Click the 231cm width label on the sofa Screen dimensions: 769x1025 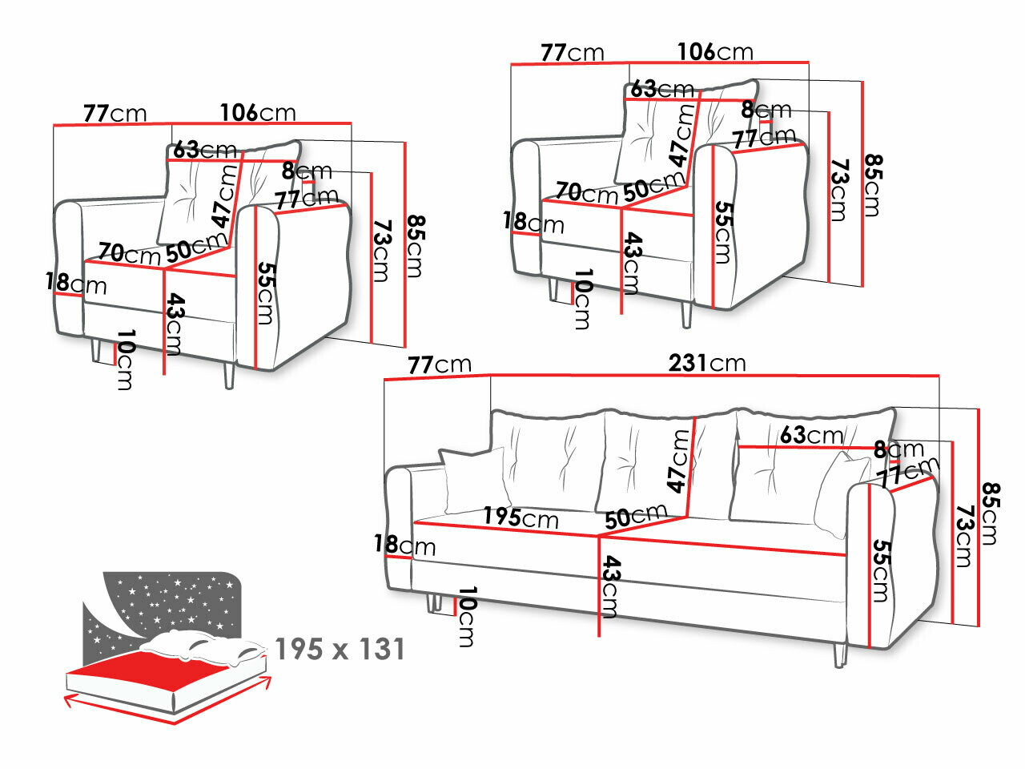pos(707,363)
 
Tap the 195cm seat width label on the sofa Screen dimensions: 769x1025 pos(520,517)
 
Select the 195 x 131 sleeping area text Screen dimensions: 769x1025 pos(340,649)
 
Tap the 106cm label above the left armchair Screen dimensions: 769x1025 pos(258,112)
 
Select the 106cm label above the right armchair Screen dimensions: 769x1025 pos(715,52)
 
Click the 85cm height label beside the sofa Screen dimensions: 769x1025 pos(991,513)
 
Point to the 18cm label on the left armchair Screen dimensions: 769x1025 pos(76,283)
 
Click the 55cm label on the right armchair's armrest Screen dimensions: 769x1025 pos(722,232)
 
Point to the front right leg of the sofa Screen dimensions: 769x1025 pos(839,654)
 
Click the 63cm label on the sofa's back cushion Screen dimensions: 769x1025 pos(811,435)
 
